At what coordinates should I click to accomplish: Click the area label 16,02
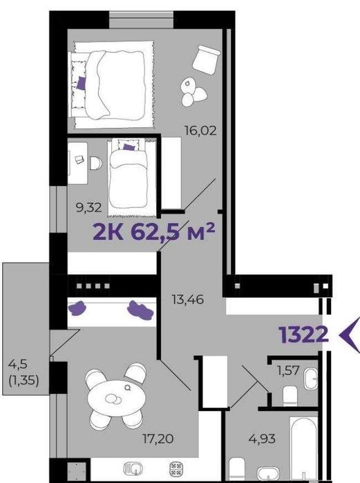pos(200,131)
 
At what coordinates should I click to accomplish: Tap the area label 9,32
pos(88,207)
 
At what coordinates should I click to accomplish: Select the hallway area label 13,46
pos(188,299)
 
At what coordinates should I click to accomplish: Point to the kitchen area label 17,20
pos(158,438)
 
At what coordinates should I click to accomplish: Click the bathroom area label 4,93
pos(262,438)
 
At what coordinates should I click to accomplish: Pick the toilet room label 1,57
pos(288,370)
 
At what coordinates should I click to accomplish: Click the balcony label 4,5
pos(18,364)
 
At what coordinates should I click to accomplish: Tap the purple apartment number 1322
pos(303,334)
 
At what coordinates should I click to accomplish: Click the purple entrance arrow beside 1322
pos(350,335)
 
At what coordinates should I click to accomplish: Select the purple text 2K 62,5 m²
pos(153,232)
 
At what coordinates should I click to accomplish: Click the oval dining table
pos(117,398)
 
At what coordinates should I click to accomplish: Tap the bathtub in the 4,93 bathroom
pos(303,449)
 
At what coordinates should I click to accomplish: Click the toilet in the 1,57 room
pos(290,396)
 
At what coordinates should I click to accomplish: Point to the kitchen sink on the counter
pos(133,468)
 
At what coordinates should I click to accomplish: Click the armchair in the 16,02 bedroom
pos(206,60)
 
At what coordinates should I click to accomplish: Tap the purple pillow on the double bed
pos(82,83)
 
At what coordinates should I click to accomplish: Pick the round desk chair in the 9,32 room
pos(96,163)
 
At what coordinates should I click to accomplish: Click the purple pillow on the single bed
pos(129,146)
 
